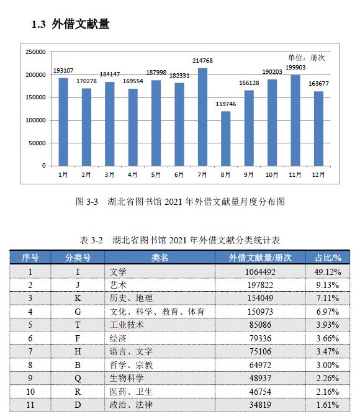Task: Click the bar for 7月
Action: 202,117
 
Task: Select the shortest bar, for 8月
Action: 225,138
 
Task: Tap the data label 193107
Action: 63,71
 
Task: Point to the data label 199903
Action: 295,68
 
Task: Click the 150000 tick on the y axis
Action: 35,97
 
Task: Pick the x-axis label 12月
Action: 318,175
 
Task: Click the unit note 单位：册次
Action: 306,58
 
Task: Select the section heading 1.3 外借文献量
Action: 71,24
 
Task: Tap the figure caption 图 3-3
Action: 87,202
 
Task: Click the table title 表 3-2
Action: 91,240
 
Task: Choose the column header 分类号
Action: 78,258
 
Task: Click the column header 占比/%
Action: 328,258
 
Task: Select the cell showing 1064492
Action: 260,272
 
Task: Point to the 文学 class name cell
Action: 118,272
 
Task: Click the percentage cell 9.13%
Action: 328,285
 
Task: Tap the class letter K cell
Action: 78,298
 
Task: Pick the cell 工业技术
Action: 127,325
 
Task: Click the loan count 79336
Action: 260,338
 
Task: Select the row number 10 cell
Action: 30,392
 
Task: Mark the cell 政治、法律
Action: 131,405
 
